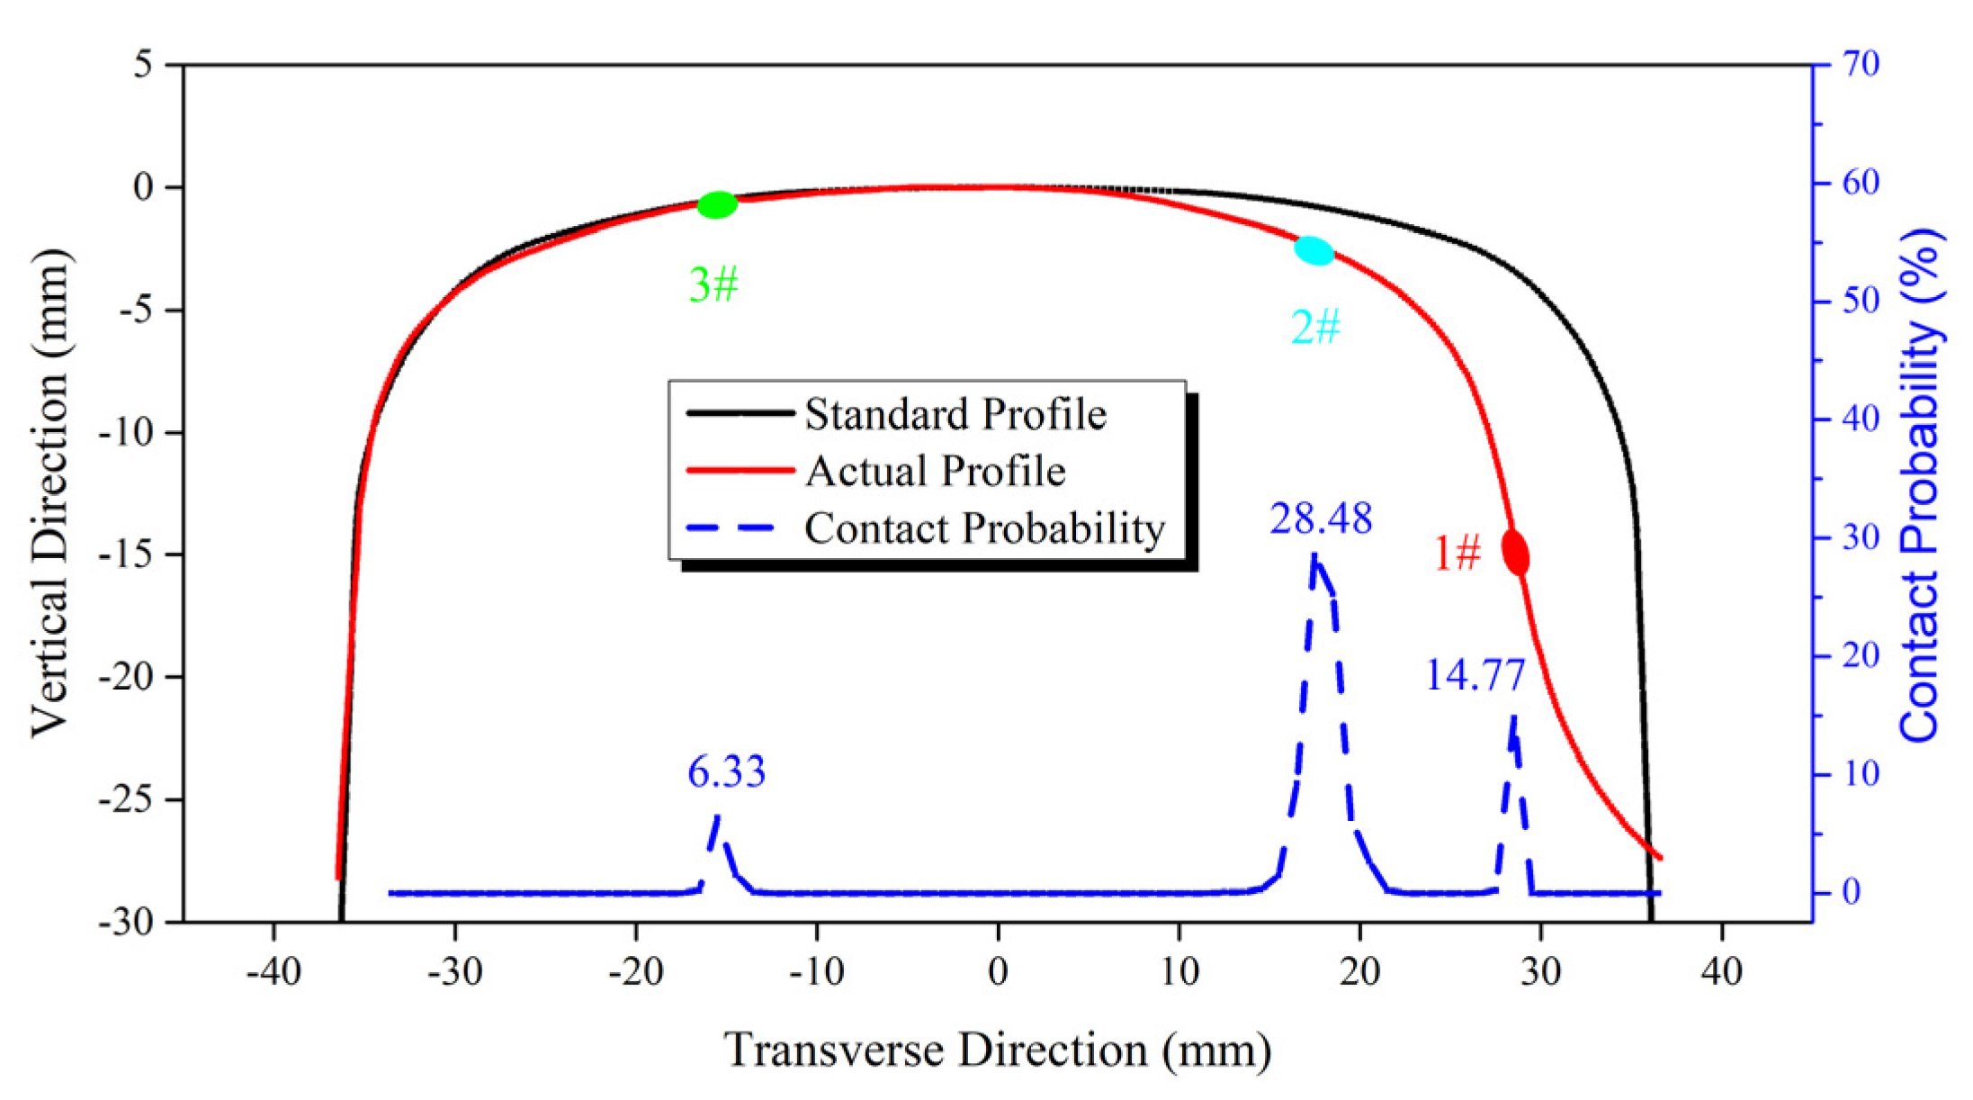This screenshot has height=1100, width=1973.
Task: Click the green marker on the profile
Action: coord(717,205)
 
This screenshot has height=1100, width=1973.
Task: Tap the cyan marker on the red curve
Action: coord(1314,251)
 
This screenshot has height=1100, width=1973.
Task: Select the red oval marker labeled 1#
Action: coord(1516,553)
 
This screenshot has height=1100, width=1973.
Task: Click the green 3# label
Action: coord(713,284)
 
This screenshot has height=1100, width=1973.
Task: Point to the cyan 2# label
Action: coord(1315,326)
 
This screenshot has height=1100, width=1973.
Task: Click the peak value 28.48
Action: coord(1321,518)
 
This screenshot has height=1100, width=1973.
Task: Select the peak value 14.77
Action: coord(1475,675)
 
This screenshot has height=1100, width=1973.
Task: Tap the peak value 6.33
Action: coord(726,772)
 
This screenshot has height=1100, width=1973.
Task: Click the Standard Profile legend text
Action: coord(955,414)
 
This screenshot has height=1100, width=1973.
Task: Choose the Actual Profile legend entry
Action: coord(936,471)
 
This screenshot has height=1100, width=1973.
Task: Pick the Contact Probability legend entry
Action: coord(985,528)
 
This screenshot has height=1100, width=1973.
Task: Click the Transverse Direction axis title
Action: coord(997,1050)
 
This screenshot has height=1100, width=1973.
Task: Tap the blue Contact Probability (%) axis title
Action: coord(1921,486)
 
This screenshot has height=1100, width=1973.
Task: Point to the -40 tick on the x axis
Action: coord(274,971)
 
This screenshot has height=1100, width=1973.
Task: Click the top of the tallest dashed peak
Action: coord(1314,558)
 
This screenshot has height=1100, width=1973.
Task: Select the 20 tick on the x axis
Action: coord(1359,971)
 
